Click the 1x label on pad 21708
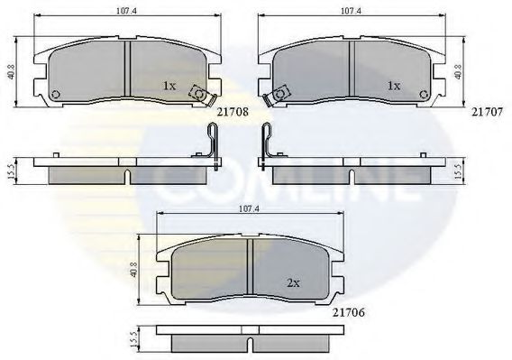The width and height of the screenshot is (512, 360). pos(168,86)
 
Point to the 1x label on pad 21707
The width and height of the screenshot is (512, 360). pos(392,86)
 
